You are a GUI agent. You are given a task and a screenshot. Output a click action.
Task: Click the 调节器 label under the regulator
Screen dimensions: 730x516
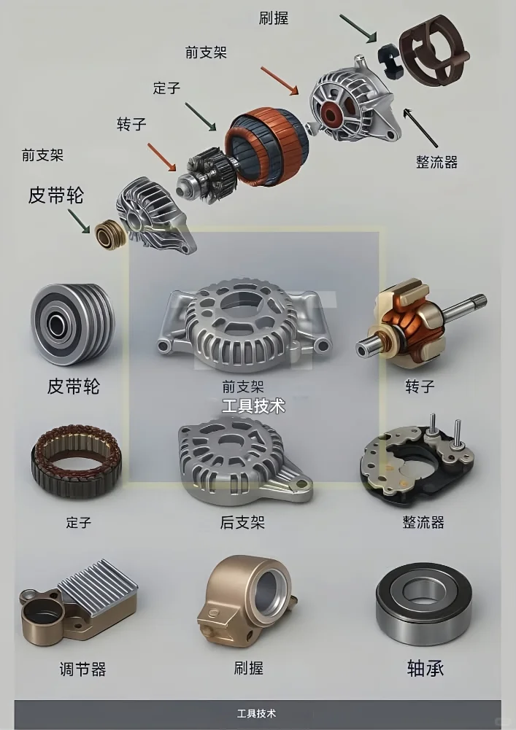(x=82, y=669)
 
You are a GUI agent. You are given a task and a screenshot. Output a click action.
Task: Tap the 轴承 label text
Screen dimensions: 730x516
(x=425, y=668)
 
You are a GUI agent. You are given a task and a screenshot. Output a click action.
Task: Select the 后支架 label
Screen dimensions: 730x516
(x=242, y=522)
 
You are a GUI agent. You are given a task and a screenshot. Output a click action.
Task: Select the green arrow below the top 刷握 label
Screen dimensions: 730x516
(x=358, y=27)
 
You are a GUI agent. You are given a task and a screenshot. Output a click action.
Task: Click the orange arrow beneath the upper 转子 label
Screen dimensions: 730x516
(x=162, y=158)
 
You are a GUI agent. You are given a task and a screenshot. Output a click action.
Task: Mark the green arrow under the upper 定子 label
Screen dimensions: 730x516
(x=201, y=117)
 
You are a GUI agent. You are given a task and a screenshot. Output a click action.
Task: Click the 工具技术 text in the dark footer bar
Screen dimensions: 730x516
(x=257, y=713)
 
